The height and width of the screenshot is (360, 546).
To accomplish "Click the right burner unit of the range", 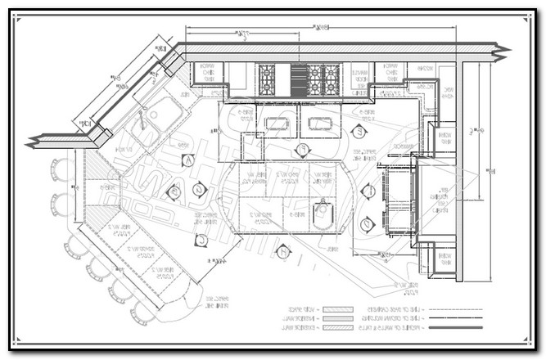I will pyautogui.click(x=324, y=79).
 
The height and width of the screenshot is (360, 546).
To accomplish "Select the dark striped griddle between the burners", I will pyautogui.click(x=296, y=79).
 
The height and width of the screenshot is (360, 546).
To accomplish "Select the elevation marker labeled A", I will pyautogui.click(x=188, y=160).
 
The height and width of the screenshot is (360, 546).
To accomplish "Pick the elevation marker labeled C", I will pyautogui.click(x=199, y=240).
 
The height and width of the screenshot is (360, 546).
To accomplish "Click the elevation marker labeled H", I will pyautogui.click(x=282, y=252).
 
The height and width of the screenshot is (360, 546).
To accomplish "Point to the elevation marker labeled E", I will pyautogui.click(x=358, y=131).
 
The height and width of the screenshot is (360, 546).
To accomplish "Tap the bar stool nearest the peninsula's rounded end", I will pyautogui.click(x=142, y=310).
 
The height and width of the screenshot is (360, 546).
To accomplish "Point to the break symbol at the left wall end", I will pyautogui.click(x=34, y=142).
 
